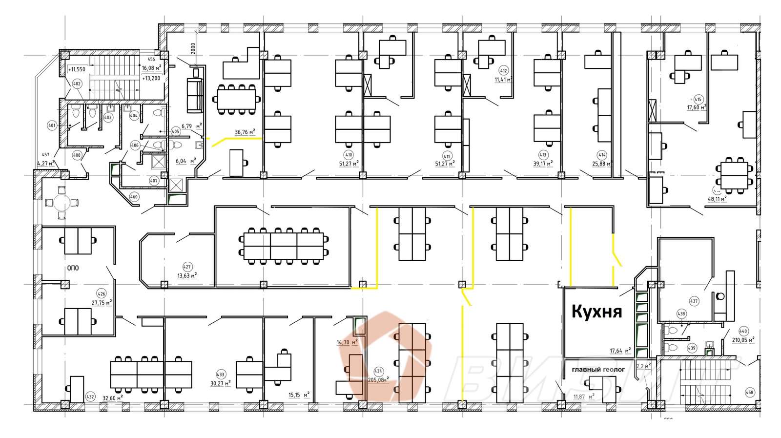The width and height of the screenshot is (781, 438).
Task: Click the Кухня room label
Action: [596, 312]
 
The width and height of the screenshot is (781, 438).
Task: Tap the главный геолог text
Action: [598, 370]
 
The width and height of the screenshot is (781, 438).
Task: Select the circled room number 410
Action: [349, 155]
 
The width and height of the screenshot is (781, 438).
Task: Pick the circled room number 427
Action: [186, 267]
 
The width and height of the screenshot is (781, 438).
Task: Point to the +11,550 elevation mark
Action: [77, 69]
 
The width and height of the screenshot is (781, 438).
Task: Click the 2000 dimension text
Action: [193, 50]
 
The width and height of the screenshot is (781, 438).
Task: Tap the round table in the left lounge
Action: [62, 202]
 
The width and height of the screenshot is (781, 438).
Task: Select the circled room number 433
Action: [220, 375]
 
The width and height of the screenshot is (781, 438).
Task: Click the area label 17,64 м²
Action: [620, 350]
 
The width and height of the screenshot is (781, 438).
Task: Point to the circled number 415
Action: [698, 100]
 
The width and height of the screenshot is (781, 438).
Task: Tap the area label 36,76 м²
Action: [245, 132]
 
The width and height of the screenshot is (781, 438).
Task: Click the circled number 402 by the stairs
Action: [76, 84]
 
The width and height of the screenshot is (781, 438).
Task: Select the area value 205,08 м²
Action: [379, 379]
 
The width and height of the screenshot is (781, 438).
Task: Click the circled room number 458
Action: [750, 392]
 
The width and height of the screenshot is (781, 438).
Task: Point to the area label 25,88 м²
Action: [602, 164]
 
